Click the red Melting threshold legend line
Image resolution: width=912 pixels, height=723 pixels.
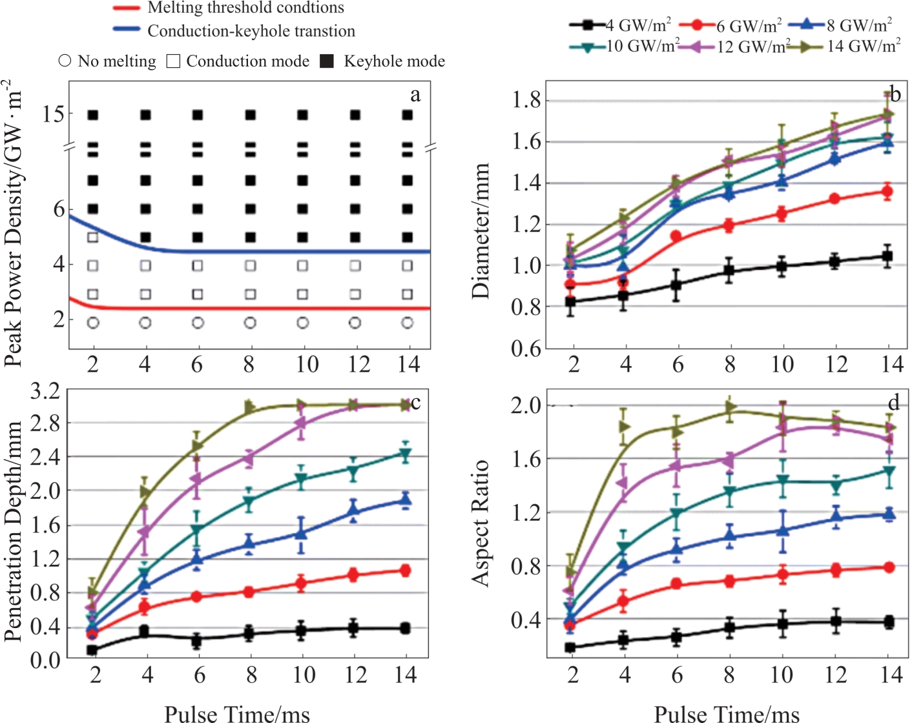[127, 8]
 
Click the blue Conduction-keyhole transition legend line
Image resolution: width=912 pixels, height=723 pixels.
[127, 30]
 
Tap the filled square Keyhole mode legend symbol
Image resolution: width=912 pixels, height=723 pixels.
[327, 61]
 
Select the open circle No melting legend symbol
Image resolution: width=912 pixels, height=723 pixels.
[65, 61]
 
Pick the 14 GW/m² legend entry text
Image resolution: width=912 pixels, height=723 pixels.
[864, 46]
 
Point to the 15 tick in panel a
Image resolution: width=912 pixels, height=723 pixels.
[53, 114]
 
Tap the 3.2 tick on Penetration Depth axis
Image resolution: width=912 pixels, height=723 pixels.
[45, 391]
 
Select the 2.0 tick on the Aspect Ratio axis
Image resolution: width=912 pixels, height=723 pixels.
[526, 405]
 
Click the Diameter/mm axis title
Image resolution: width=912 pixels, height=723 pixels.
[481, 230]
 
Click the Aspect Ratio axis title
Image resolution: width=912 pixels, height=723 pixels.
[481, 523]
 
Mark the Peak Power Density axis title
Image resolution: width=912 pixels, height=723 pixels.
[14, 223]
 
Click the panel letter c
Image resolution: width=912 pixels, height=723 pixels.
[415, 403]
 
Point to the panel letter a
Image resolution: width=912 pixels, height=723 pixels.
[415, 96]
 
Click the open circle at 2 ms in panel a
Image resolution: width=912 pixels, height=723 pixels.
[93, 323]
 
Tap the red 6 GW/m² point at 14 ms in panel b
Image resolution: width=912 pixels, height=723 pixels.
[887, 192]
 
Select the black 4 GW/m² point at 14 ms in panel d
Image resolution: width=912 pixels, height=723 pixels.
[889, 622]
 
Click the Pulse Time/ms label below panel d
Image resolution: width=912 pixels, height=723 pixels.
[727, 713]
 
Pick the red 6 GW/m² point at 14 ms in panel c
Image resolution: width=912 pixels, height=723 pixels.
[406, 571]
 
